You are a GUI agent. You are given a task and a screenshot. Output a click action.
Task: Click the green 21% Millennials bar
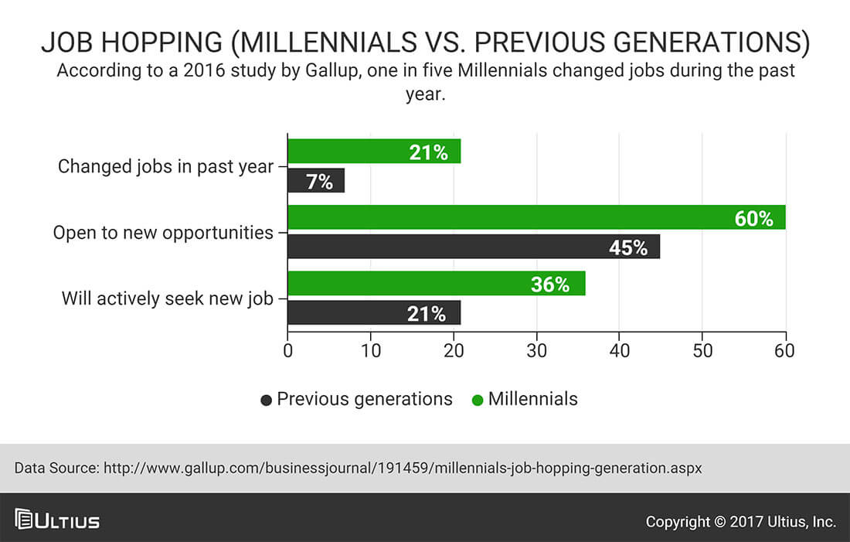(x=374, y=152)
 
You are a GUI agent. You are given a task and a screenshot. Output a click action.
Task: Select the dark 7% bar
(x=316, y=181)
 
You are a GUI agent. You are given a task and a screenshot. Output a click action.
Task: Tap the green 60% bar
(x=537, y=217)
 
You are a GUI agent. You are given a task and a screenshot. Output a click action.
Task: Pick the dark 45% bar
(x=474, y=247)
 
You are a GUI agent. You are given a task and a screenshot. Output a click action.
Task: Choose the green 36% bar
(x=437, y=284)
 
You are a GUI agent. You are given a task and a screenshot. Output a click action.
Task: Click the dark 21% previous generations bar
(x=374, y=313)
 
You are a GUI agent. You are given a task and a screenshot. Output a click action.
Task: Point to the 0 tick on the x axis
(x=288, y=350)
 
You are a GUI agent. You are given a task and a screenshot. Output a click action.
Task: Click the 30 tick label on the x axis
(x=537, y=350)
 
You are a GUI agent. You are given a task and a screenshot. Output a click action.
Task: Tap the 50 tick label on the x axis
(x=702, y=350)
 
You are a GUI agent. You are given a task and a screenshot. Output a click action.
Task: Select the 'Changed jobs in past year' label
(x=166, y=166)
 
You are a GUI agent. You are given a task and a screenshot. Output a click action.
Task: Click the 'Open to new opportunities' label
(x=163, y=233)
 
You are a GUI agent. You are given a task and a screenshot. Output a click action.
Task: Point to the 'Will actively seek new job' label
(x=168, y=298)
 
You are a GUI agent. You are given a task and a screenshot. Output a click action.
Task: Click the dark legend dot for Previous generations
(x=266, y=401)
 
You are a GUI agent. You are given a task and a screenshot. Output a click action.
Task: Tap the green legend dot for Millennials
(x=478, y=401)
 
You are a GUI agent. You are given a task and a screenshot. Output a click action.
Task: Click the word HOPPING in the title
(x=161, y=43)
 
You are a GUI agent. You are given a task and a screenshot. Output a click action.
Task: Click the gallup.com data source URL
(x=403, y=468)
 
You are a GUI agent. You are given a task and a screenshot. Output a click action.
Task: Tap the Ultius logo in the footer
(x=57, y=520)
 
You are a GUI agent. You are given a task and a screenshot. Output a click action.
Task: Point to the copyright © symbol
(x=720, y=522)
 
